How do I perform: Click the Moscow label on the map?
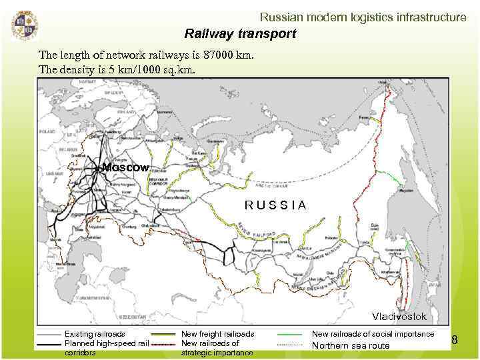coord(125,167)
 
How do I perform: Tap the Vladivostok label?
coord(399,315)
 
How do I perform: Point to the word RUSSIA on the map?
coord(275,205)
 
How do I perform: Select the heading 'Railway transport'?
coord(240,33)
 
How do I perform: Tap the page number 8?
coord(455,341)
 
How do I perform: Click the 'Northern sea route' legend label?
coord(351,345)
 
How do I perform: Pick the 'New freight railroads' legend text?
coord(217,334)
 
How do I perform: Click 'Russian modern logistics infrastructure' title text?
coord(363,17)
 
